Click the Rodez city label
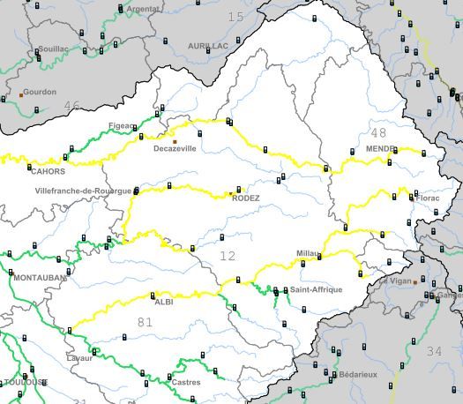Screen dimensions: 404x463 coord(245,198)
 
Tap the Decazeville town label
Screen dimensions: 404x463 coord(175,149)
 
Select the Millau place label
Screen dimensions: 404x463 coord(308,253)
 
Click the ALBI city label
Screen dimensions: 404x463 coord(164,302)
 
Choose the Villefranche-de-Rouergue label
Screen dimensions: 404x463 coord(83,191)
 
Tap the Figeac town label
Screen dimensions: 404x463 coord(120,125)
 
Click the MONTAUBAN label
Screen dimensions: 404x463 coord(40,278)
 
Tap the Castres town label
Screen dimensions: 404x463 coord(186,382)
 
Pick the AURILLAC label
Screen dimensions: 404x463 coord(208,45)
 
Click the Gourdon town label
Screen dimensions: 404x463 coord(39,92)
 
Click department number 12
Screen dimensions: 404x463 coord(228,256)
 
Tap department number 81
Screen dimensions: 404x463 coord(145,322)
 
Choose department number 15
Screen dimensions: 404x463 coord(235,17)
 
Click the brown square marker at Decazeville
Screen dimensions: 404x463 coord(175,141)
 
